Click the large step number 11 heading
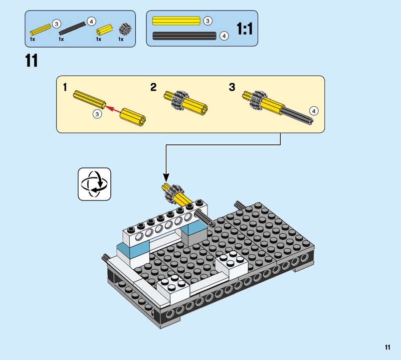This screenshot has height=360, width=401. pyautogui.click(x=32, y=61)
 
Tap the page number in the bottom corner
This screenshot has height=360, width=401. pyautogui.click(x=387, y=347)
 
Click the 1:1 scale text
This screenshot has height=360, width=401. pyautogui.click(x=245, y=29)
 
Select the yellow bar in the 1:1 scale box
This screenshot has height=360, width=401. pyautogui.click(x=176, y=21)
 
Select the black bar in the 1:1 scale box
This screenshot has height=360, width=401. pyautogui.click(x=184, y=36)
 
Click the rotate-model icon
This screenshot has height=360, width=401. pyautogui.click(x=94, y=184)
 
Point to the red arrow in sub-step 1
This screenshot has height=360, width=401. pyautogui.click(x=113, y=109)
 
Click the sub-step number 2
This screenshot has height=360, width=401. pyautogui.click(x=153, y=87)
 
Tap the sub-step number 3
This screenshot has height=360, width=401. pyautogui.click(x=232, y=87)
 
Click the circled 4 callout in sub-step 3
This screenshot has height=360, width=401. pyautogui.click(x=314, y=111)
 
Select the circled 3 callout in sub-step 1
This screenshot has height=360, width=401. pyautogui.click(x=97, y=114)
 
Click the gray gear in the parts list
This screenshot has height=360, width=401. pyautogui.click(x=125, y=29)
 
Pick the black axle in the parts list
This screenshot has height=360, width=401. pyautogui.click(x=72, y=29)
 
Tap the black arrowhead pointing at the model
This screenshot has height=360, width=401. pyautogui.click(x=166, y=177)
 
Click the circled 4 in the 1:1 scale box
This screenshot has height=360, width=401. pyautogui.click(x=224, y=36)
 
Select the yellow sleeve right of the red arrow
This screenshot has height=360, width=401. pyautogui.click(x=133, y=117)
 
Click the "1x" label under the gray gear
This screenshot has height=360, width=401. pyautogui.click(x=121, y=39)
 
